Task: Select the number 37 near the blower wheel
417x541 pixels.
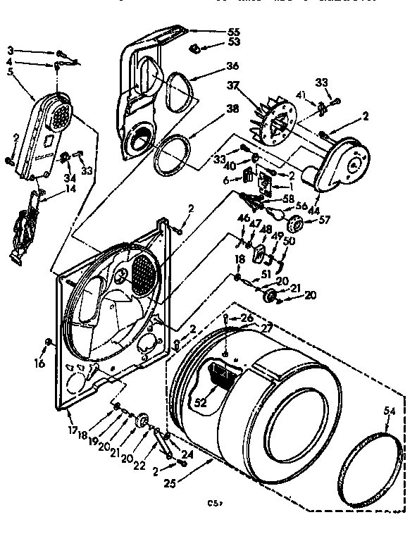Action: [x=230, y=86]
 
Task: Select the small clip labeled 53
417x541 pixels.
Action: [x=195, y=47]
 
